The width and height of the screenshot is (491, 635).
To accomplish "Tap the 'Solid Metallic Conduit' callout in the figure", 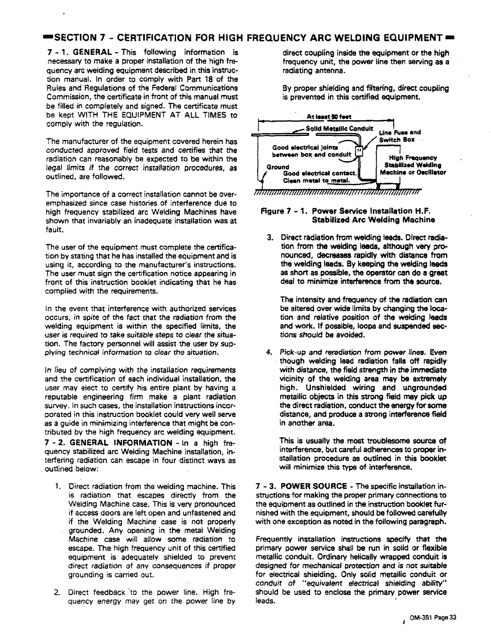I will pos(339,129).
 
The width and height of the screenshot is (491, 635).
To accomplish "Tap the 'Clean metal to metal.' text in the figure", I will pos(316,180).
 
